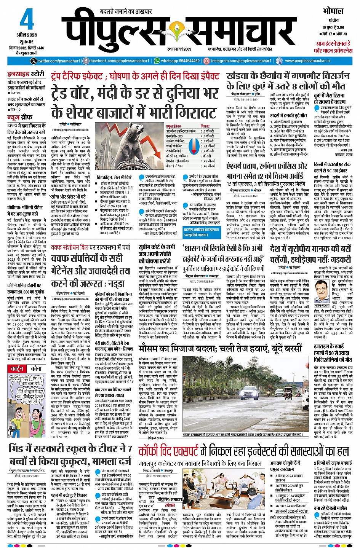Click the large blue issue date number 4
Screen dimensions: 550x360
pos(26,21)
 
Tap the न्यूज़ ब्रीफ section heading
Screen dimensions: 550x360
pos(20,117)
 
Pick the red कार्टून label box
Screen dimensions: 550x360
pos(17,369)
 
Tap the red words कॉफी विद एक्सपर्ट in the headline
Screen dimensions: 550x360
pos(168,451)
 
